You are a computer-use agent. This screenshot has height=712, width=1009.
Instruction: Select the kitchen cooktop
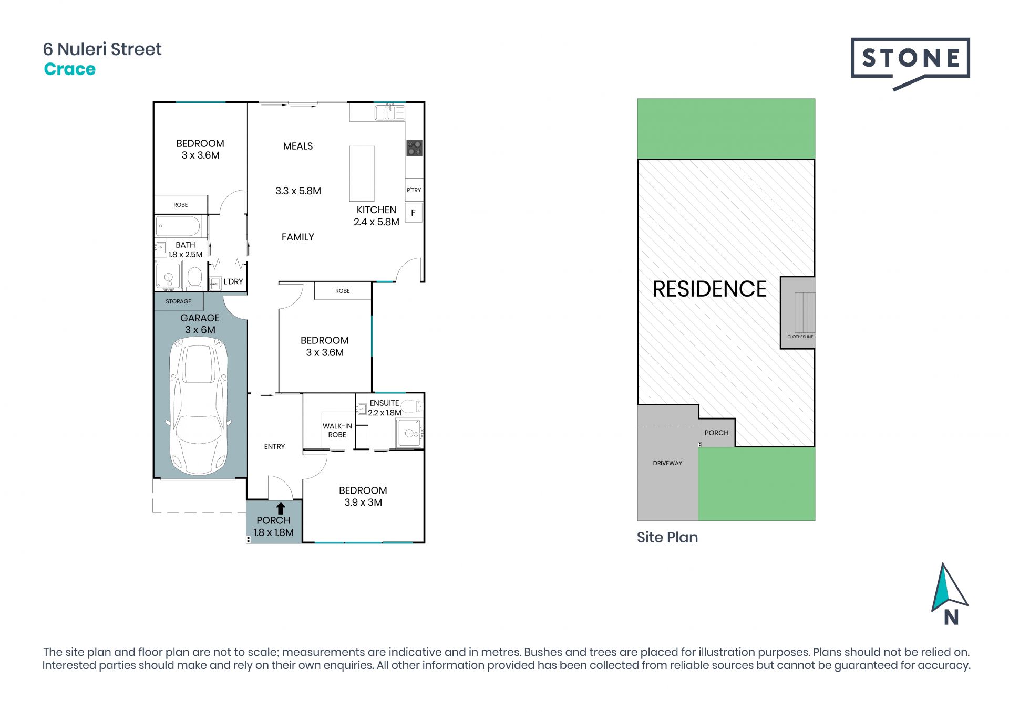414,148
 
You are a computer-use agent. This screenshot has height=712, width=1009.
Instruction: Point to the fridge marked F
414,213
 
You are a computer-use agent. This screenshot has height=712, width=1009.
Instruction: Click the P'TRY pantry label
414,190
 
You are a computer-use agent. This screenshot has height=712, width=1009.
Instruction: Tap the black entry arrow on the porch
281,508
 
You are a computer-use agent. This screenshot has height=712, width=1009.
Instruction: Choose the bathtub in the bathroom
178,227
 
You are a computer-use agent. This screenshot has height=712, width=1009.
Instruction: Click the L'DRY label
233,281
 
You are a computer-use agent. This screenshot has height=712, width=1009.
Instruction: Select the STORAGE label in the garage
179,301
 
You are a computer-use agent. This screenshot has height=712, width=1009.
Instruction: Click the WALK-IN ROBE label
337,431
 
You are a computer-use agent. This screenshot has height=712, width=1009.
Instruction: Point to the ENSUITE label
384,403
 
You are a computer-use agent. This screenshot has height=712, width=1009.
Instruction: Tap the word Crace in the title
70,69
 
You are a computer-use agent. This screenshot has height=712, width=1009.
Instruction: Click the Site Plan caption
667,537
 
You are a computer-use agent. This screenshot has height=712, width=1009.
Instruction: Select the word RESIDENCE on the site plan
709,289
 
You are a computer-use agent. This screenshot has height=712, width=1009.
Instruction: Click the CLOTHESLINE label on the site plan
800,337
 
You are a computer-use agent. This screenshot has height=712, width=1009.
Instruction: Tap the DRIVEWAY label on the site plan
667,463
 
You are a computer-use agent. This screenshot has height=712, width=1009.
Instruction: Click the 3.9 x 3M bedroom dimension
363,502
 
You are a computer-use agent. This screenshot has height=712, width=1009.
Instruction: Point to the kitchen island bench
362,174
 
